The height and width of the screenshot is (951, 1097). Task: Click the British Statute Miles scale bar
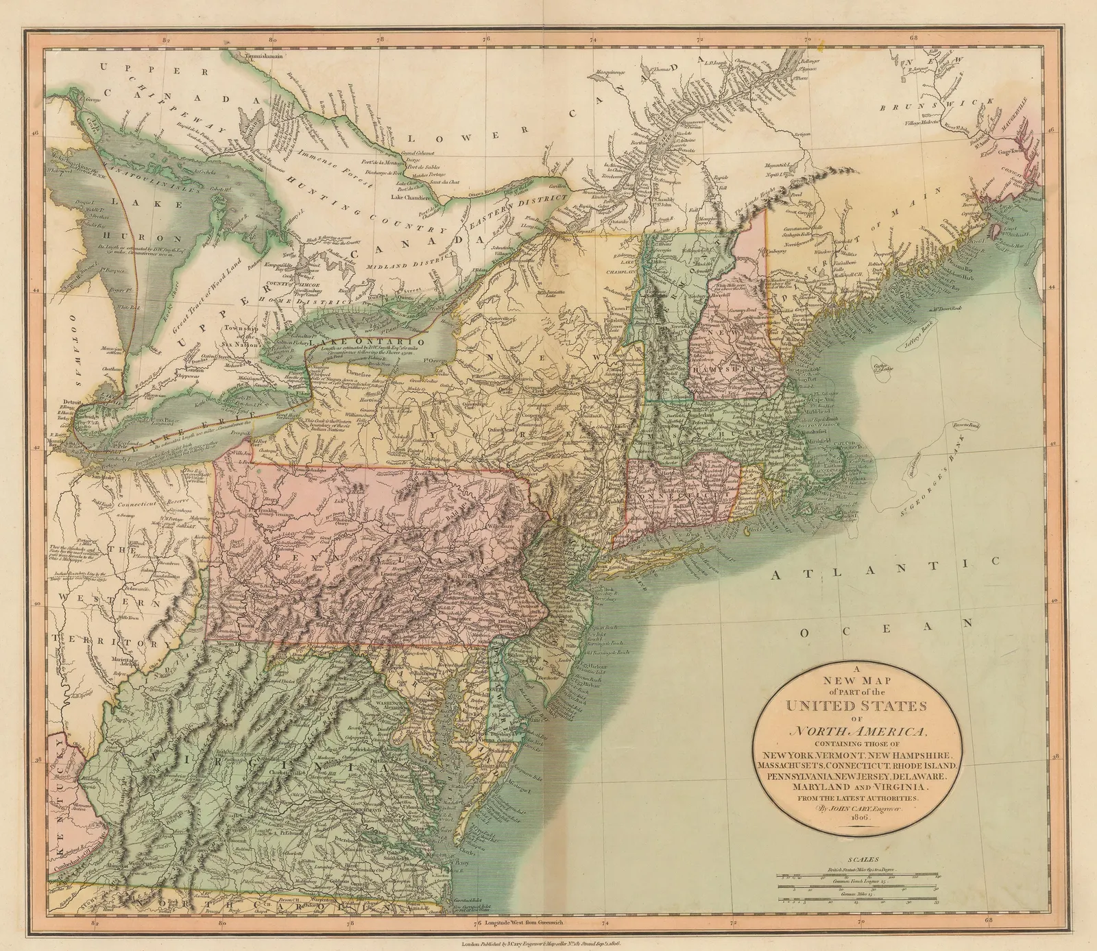[860, 874]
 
